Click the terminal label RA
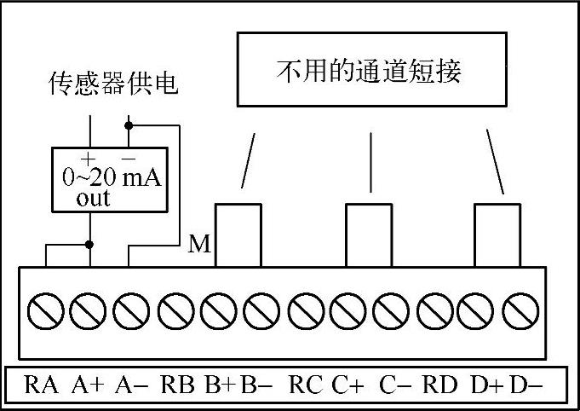tap(42, 385)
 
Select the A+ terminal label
tap(88, 385)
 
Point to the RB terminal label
tap(178, 385)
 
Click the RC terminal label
tap(306, 385)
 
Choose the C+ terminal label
tap(348, 385)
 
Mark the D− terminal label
tap(526, 385)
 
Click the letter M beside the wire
tap(198, 246)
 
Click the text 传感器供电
tap(114, 85)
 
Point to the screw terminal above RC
tap(304, 310)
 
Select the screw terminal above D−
tap(519, 310)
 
